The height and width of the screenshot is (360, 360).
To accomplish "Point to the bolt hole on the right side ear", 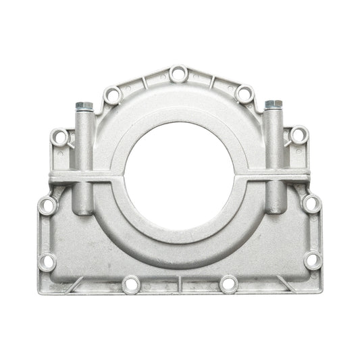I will coord(297,138).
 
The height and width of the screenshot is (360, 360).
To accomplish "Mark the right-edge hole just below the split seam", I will coord(311,202).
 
